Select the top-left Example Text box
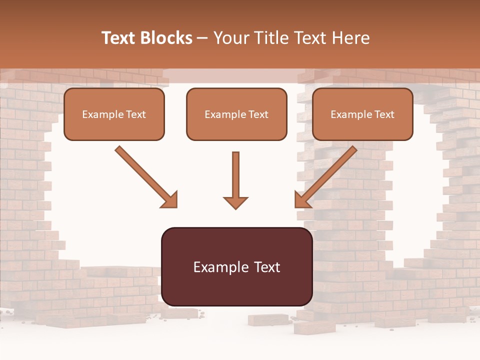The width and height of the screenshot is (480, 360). click(x=114, y=114)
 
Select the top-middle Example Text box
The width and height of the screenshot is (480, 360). click(x=236, y=114)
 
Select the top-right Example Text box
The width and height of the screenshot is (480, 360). click(x=362, y=114)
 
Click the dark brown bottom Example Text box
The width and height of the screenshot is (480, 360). click(x=236, y=266)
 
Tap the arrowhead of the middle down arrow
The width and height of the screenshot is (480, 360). click(x=235, y=202)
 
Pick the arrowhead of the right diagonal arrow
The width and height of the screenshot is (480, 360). click(x=301, y=200)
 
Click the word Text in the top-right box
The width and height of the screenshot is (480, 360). click(x=384, y=114)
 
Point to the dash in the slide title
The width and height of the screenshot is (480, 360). click(x=202, y=38)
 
